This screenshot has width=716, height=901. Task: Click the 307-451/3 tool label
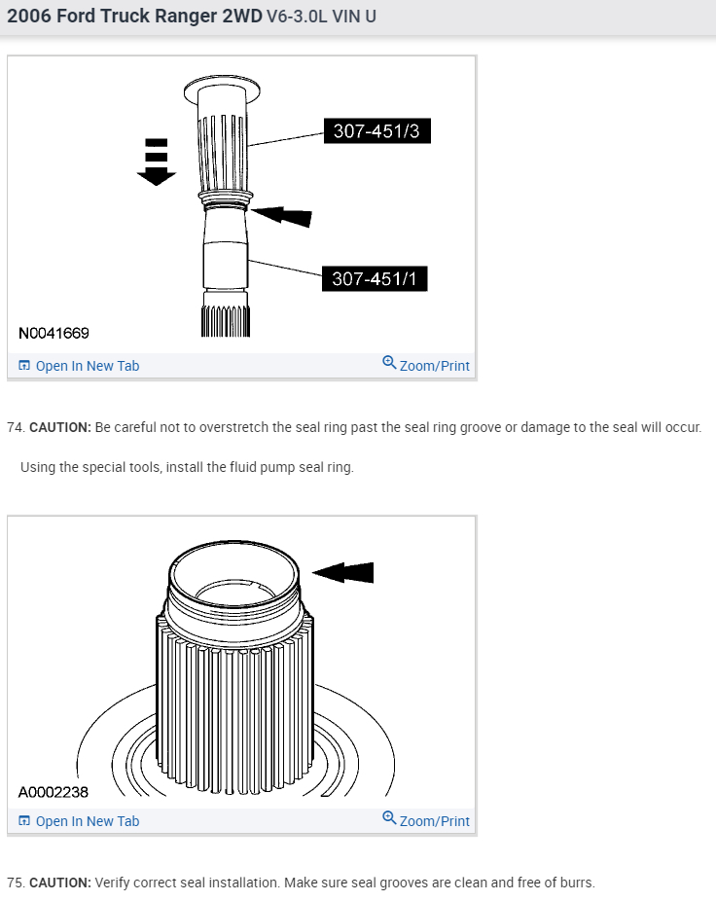[376, 130]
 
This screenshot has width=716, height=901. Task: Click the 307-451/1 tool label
[375, 278]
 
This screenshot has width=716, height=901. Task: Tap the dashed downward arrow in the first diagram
[156, 162]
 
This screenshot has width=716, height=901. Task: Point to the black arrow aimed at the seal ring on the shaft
[285, 213]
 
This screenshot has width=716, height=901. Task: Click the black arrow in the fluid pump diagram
[343, 573]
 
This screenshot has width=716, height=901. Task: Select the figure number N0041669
[54, 333]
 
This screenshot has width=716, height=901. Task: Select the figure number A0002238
[54, 792]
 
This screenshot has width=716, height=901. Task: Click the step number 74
[15, 427]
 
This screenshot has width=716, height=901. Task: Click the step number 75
[15, 883]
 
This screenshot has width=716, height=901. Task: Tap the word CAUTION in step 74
[59, 427]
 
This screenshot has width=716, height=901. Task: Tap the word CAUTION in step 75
[59, 883]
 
